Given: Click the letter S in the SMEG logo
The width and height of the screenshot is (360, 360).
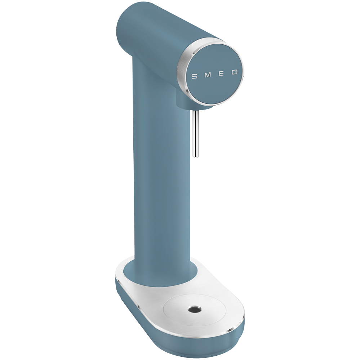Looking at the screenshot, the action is [194, 76].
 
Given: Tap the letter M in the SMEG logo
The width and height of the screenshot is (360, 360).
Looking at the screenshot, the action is [208, 75].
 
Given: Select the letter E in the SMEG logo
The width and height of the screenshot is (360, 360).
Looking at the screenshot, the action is [221, 74].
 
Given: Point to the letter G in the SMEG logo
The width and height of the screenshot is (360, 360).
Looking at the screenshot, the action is [234, 72].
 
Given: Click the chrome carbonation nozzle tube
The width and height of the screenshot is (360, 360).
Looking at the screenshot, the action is [196, 134].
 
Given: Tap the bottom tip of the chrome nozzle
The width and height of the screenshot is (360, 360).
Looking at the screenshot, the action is [196, 157].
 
